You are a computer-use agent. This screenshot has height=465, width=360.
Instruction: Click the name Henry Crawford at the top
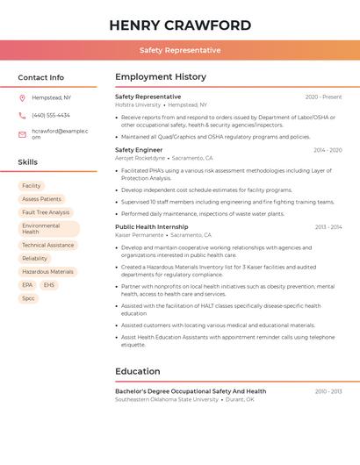(180, 25)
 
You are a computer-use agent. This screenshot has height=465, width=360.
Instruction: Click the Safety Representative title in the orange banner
(180, 50)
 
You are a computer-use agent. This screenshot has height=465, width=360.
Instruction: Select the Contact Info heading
(41, 77)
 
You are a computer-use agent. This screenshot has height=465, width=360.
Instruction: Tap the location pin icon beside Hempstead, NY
(22, 97)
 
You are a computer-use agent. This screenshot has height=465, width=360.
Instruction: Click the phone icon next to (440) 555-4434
(22, 115)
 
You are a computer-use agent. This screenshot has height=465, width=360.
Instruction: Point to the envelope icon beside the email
(22, 133)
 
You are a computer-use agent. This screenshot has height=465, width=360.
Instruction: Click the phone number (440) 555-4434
(51, 115)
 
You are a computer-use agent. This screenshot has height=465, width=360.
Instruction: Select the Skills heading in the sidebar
(28, 161)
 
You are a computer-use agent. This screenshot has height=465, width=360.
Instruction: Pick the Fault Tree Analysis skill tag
(46, 212)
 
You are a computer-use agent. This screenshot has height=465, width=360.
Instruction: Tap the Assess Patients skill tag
(42, 199)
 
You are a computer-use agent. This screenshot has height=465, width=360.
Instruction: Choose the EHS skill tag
(48, 285)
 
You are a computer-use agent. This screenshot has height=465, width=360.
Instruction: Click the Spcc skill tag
(29, 298)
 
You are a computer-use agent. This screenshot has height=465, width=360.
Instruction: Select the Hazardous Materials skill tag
(48, 272)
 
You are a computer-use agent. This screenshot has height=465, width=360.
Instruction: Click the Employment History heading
(161, 77)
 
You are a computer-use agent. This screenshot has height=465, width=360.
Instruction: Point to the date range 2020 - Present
(323, 97)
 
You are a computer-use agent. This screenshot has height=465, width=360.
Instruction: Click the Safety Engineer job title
(139, 150)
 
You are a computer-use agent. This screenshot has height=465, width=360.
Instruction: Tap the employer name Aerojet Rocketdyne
(140, 158)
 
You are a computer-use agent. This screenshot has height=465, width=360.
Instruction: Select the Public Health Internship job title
(152, 226)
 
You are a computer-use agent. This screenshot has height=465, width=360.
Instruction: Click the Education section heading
(138, 371)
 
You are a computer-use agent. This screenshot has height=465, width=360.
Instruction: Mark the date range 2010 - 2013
(328, 391)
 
